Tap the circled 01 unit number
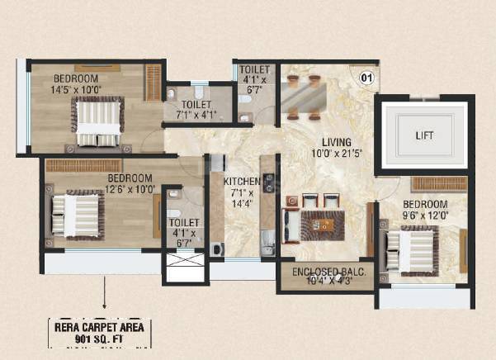366,78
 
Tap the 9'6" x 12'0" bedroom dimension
424,216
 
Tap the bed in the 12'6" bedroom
76,216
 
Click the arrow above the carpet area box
105,293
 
